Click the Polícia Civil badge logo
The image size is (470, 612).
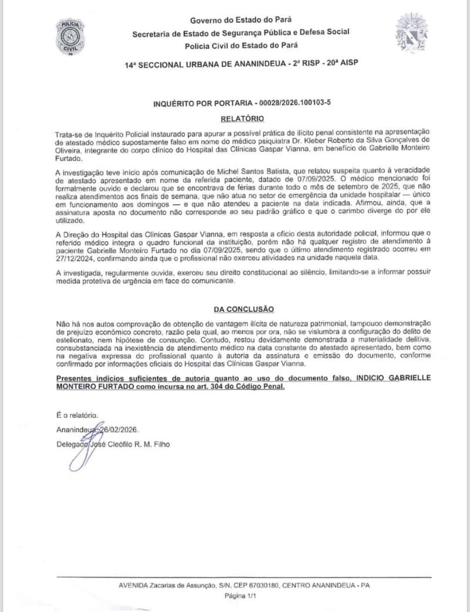pos(70,36)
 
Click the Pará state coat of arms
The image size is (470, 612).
pos(411,33)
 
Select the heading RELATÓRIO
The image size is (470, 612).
pos(239,119)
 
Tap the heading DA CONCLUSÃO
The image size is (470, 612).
pos(243,310)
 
